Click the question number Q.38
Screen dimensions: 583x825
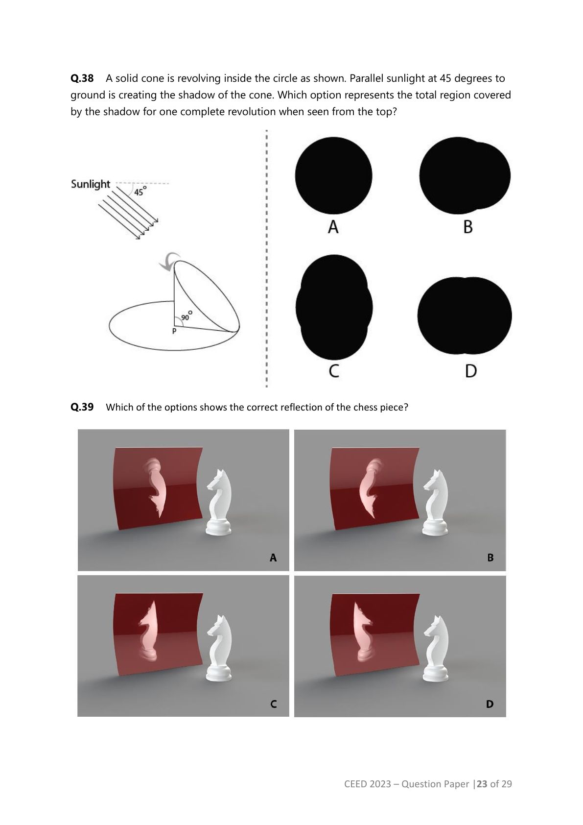[x=82, y=78]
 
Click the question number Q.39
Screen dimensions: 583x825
[x=82, y=407]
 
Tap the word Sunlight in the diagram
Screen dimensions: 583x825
[x=90, y=184]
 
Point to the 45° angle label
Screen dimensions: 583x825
[x=140, y=191]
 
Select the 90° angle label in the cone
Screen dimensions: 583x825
[x=186, y=316]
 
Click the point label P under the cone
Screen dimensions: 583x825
[x=174, y=331]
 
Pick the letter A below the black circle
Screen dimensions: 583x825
[x=333, y=227]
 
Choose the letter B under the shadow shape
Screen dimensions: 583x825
[x=468, y=227]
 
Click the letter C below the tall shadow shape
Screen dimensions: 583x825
[x=334, y=371]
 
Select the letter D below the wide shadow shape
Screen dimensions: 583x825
[x=471, y=371]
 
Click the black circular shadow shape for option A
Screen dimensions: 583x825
[x=333, y=176]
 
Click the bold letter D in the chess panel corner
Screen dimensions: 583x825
[x=490, y=704]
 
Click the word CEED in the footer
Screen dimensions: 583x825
[x=355, y=784]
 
